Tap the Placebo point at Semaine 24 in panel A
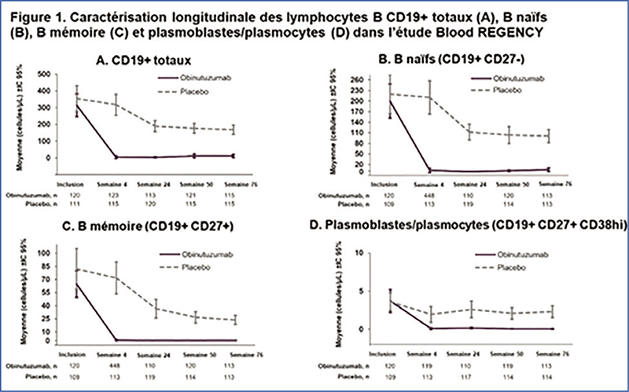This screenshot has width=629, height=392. tap(156, 126)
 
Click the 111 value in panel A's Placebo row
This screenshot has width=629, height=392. tap(75, 201)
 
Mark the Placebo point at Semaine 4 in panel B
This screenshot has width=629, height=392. tap(429, 97)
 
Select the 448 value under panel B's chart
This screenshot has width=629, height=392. tap(429, 194)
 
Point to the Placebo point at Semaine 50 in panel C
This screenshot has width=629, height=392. tap(196, 317)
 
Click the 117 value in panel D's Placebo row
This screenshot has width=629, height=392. tap(469, 374)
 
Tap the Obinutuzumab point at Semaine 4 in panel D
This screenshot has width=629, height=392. tap(429, 328)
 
